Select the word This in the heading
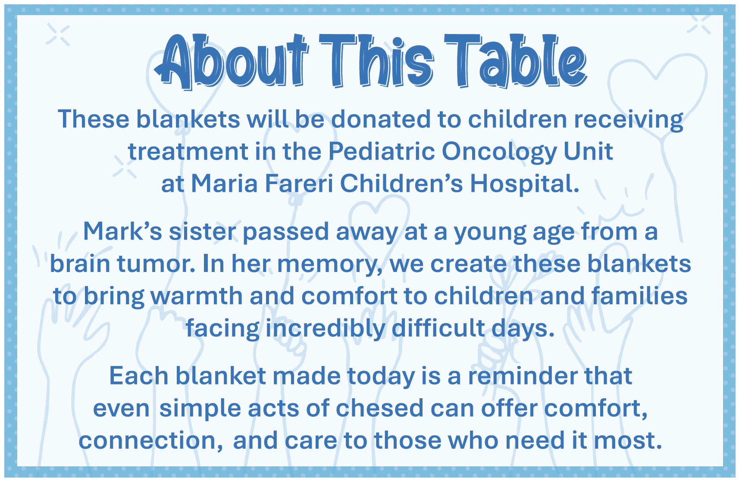(x=376, y=61)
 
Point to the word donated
(x=381, y=119)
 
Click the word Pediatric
(x=382, y=151)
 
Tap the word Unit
(x=588, y=151)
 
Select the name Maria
(x=224, y=183)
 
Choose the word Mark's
(x=123, y=231)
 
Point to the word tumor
(x=156, y=264)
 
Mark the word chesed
(x=380, y=408)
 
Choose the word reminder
(x=523, y=376)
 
